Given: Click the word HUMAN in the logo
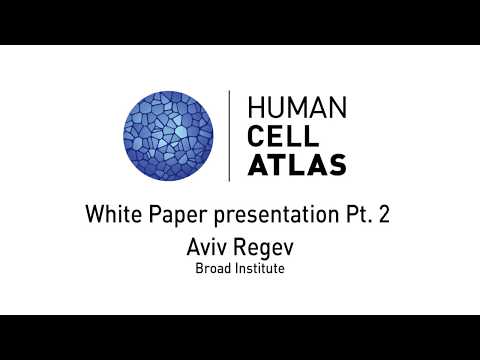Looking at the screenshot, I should pyautogui.click(x=296, y=106).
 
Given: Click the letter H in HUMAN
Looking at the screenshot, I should pyautogui.click(x=254, y=106).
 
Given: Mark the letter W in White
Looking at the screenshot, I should pyautogui.click(x=95, y=213).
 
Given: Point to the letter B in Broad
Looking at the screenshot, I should pyautogui.click(x=198, y=268).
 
